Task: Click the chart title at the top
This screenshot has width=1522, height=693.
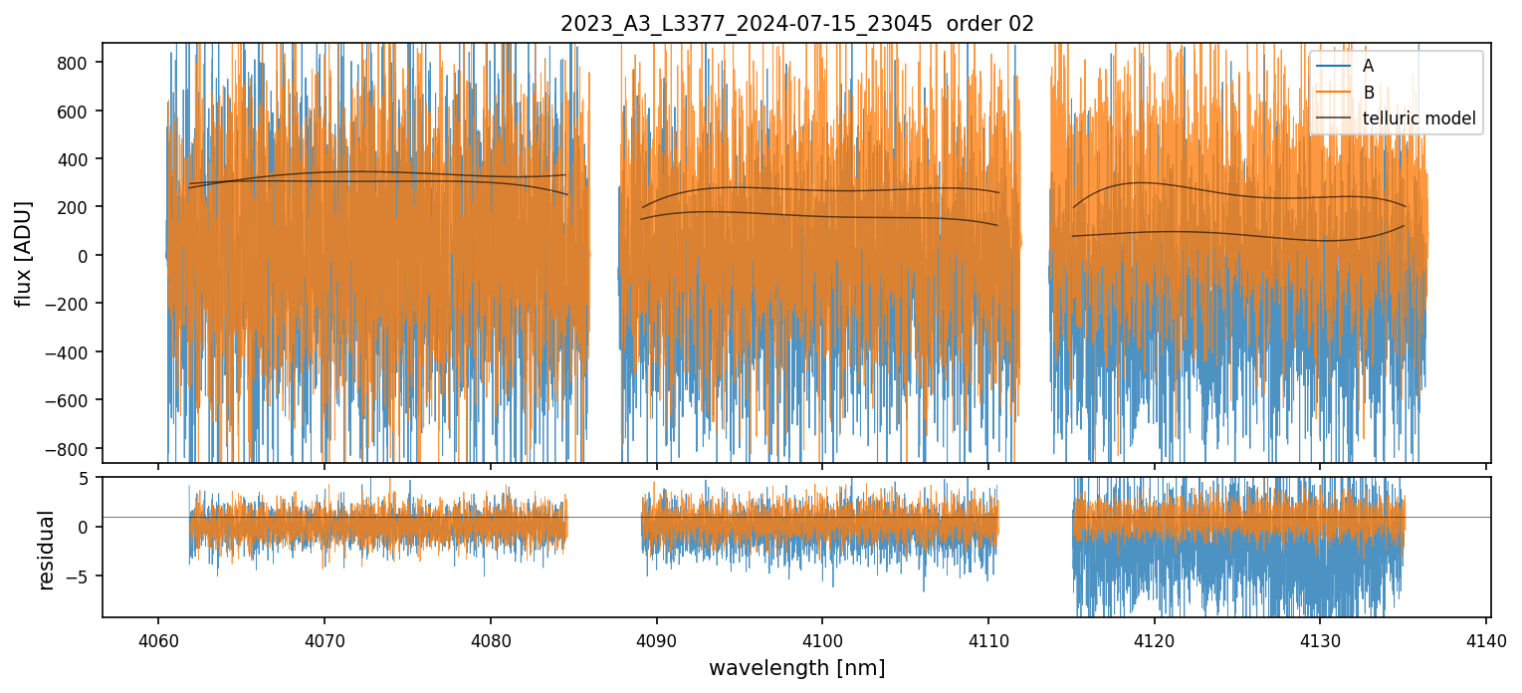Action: pyautogui.click(x=797, y=24)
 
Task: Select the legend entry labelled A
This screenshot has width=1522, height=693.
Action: pyautogui.click(x=1368, y=66)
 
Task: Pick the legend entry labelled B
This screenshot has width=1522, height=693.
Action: pyautogui.click(x=1368, y=93)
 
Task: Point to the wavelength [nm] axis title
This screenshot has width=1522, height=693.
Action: pyautogui.click(x=796, y=668)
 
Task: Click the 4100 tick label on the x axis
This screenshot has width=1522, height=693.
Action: pyautogui.click(x=822, y=638)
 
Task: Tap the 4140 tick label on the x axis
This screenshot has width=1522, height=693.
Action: pyautogui.click(x=1486, y=638)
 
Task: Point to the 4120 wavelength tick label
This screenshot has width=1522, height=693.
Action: pyautogui.click(x=1154, y=638)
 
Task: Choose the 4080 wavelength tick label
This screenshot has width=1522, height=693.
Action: pyautogui.click(x=490, y=638)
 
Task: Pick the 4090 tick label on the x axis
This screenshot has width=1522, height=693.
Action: pyautogui.click(x=656, y=638)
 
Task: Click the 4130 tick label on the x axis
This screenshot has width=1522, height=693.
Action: pyautogui.click(x=1320, y=638)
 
